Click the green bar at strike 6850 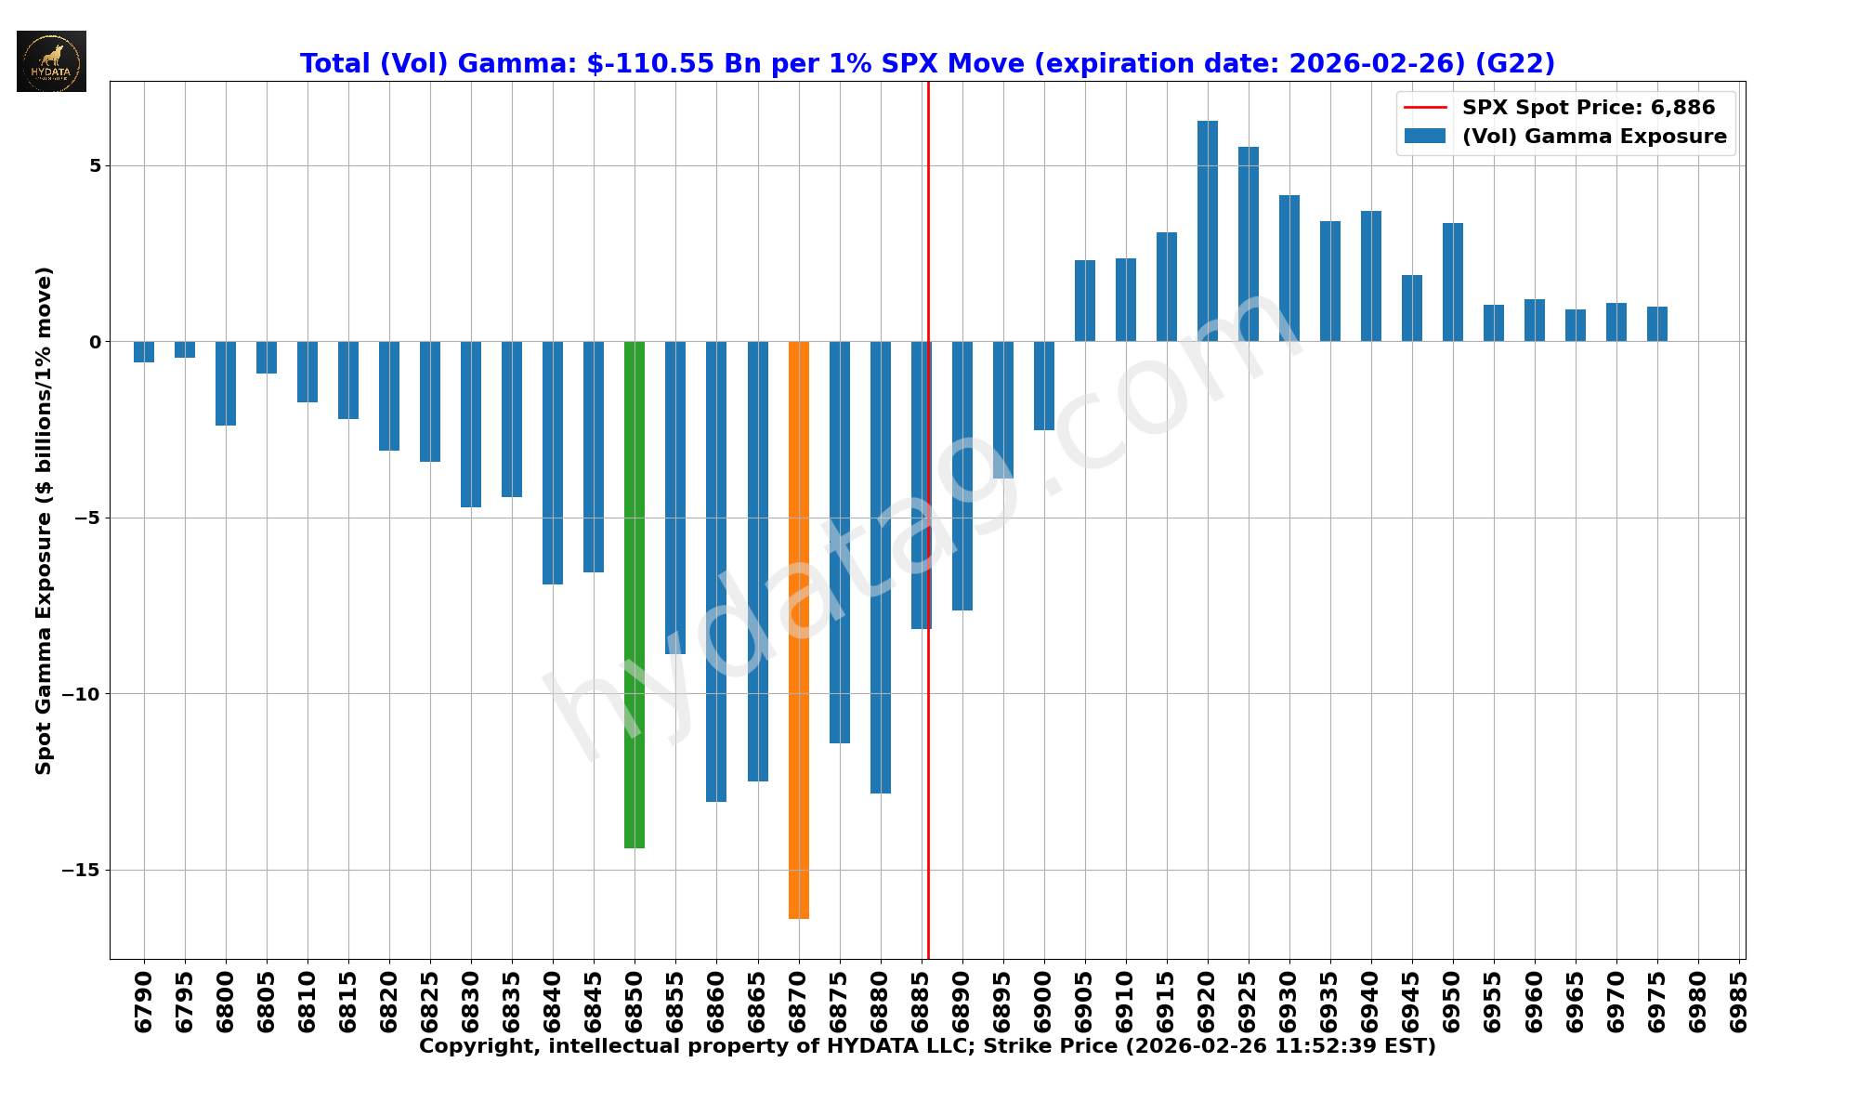[x=635, y=595]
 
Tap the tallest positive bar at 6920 [x=1208, y=231]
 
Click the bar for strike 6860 [x=716, y=571]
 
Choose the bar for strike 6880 [x=881, y=567]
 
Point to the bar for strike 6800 [x=226, y=384]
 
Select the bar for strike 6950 [x=1453, y=282]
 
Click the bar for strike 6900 [x=1044, y=386]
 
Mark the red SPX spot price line [x=928, y=743]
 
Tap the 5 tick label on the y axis [x=95, y=166]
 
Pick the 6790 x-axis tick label [x=144, y=1002]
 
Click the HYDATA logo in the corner [x=51, y=61]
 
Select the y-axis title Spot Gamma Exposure [x=44, y=520]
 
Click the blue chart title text [x=927, y=64]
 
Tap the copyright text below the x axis [x=927, y=1047]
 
